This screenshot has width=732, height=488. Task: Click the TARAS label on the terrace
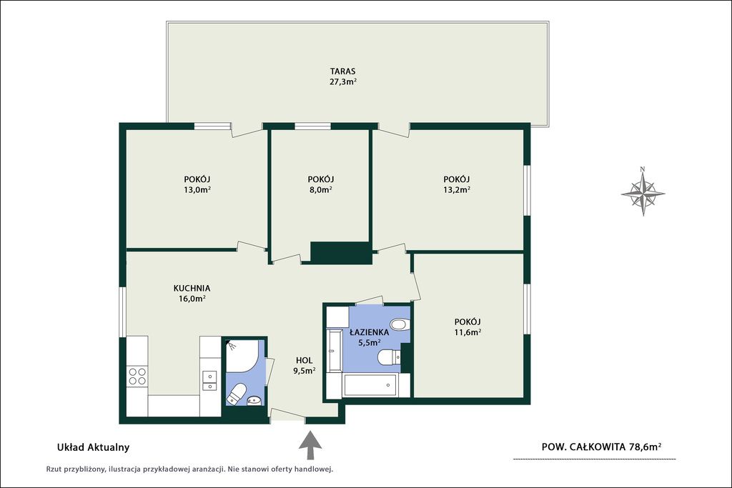342,71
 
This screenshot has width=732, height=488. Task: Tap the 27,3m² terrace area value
343,82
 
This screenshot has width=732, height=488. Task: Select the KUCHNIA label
192,289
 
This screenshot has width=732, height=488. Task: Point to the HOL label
304,360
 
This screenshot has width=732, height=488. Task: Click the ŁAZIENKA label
370,332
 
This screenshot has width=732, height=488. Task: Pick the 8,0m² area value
321,189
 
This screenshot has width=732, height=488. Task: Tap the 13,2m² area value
456,189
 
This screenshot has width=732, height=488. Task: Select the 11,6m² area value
468,332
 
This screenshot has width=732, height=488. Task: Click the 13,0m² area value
197,189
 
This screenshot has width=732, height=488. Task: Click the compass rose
643,191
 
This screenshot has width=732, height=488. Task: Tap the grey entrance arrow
310,446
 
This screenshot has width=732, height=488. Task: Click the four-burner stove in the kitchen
137,376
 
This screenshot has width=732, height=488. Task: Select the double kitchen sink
209,380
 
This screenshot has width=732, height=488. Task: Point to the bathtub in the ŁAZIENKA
370,385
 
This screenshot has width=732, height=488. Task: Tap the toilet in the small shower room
237,394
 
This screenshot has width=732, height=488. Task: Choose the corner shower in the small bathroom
241,356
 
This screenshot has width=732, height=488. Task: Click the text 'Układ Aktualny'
93,447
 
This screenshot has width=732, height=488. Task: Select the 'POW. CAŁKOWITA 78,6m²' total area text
601,447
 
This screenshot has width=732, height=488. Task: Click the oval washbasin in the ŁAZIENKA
399,324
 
